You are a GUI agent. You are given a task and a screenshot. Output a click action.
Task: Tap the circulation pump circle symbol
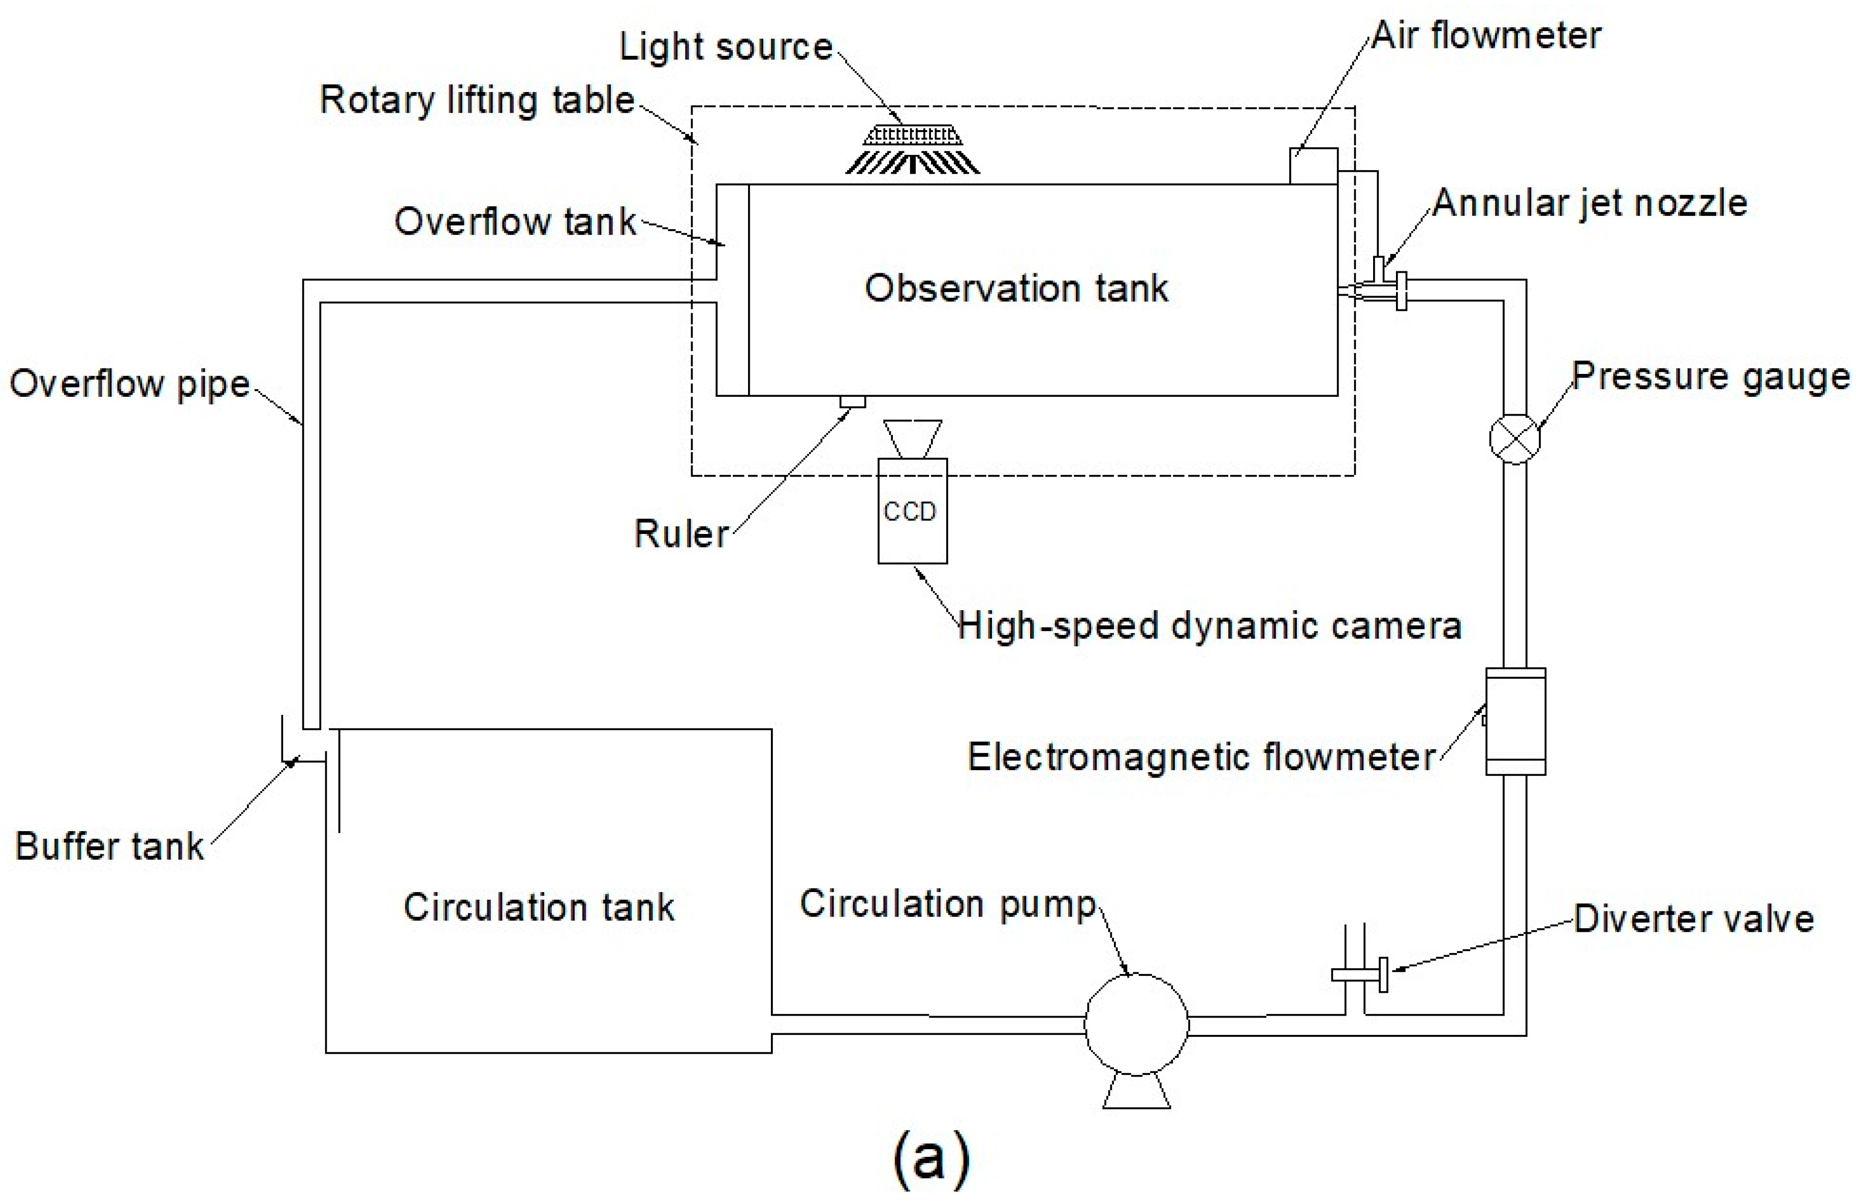[x=1136, y=1024]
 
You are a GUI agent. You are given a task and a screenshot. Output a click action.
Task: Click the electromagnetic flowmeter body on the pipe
[x=1515, y=721]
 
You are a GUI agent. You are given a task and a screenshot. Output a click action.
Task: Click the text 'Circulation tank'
[x=538, y=907]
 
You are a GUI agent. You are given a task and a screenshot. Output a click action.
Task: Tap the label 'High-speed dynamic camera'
[x=1208, y=626]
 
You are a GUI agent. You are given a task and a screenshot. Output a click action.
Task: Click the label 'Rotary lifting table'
[x=477, y=101]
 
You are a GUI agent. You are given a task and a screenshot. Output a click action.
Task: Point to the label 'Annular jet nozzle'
[x=1589, y=204]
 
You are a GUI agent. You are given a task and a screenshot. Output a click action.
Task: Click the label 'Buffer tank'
[x=109, y=846]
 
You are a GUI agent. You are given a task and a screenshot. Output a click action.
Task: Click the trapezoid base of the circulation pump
[x=1136, y=1092]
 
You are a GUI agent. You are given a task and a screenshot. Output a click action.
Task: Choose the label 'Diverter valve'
[x=1693, y=919]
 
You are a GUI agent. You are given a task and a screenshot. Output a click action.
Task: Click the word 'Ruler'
[x=681, y=534]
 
